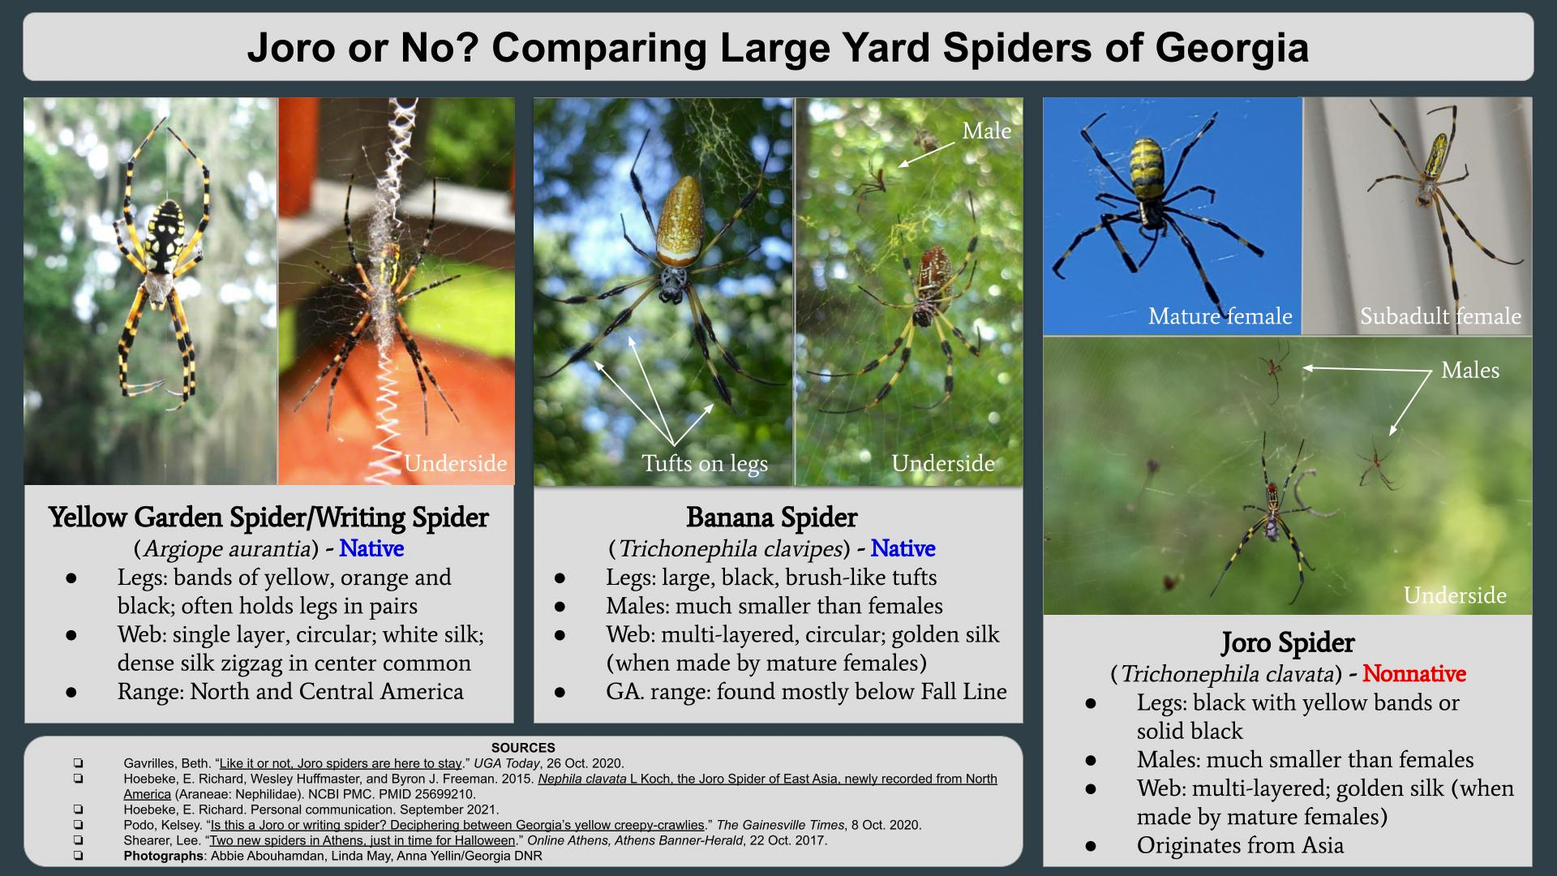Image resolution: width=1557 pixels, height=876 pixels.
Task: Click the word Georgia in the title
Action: [1232, 49]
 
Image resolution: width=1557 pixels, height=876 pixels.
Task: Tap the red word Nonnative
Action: [1414, 674]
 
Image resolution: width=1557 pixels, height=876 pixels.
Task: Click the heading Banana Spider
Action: [771, 517]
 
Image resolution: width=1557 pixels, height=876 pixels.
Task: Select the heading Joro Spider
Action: [1288, 642]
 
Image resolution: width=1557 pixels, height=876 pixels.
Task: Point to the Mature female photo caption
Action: [1220, 316]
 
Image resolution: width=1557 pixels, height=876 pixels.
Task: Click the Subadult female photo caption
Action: [1440, 316]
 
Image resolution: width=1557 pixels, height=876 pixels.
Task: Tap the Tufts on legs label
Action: [705, 464]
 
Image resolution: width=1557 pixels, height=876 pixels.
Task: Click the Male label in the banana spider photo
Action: [986, 131]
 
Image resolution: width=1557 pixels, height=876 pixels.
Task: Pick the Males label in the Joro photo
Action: [1470, 371]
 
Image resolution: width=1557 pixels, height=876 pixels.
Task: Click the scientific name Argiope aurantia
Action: [226, 549]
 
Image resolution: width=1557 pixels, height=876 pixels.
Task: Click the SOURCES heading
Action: [523, 748]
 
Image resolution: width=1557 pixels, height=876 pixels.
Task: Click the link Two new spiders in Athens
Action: [362, 840]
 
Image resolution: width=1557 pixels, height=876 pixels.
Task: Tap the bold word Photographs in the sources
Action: [163, 856]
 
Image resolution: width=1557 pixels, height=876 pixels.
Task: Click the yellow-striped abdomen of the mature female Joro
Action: [1147, 170]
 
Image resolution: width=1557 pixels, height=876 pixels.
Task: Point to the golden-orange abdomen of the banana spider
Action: [679, 217]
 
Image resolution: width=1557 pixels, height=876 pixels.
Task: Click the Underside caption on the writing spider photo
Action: [456, 464]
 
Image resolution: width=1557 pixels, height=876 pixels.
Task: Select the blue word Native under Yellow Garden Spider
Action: [371, 549]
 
